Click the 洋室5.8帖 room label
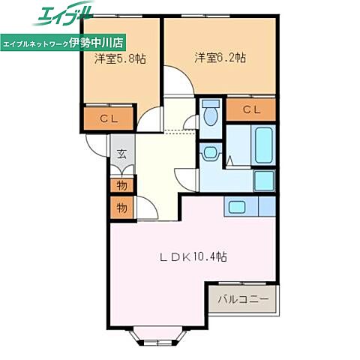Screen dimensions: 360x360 [120, 58]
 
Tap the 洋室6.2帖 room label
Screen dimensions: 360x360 [220, 58]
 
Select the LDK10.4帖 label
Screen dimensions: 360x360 [193, 256]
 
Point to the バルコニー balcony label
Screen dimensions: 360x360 [243, 299]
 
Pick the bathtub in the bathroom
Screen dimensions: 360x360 [263, 145]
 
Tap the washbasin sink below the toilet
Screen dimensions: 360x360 [210, 153]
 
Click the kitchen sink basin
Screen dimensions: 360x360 [237, 207]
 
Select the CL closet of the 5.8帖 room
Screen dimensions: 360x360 [109, 118]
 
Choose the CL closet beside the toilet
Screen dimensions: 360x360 [251, 109]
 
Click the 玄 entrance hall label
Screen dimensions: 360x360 [121, 154]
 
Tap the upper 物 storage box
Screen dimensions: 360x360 [121, 185]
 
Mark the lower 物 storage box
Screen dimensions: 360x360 [121, 208]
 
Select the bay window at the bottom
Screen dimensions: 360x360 [158, 336]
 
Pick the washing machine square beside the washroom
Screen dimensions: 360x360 [264, 180]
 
